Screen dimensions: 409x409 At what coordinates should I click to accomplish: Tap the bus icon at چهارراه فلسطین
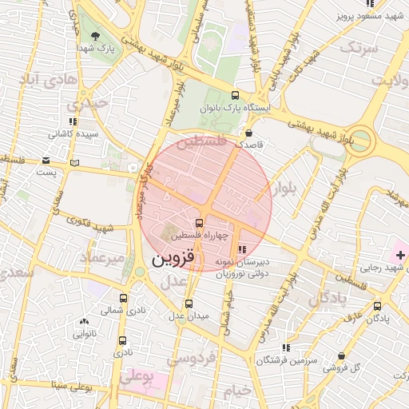[199, 222]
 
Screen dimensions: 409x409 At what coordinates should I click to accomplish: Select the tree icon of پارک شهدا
[96, 36]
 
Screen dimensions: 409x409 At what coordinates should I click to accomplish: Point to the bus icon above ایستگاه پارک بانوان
[234, 94]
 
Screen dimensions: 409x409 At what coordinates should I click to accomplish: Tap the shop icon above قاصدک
[249, 133]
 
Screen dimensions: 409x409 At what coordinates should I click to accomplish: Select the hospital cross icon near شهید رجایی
[399, 254]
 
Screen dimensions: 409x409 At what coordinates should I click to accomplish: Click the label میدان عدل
[189, 315]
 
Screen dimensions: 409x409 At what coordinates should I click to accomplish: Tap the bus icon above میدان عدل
[189, 304]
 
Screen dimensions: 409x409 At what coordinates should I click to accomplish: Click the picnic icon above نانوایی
[84, 321]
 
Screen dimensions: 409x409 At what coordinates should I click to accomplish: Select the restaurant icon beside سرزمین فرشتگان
[285, 347]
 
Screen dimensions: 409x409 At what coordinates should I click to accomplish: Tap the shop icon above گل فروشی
[342, 355]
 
